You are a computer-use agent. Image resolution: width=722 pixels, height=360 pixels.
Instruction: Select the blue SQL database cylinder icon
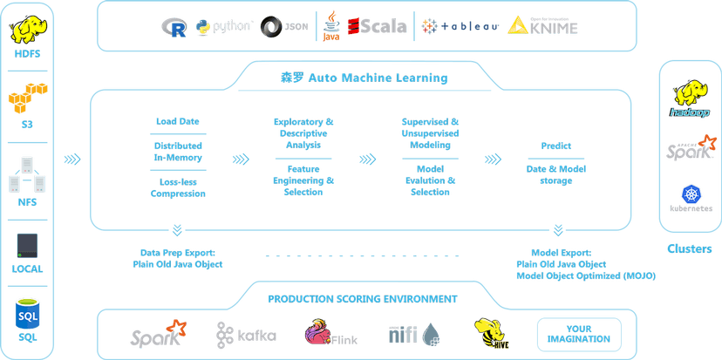click(28, 311)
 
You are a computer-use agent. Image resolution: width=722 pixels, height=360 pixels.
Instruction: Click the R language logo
click(174, 27)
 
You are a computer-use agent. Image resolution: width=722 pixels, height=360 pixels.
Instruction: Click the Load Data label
click(173, 122)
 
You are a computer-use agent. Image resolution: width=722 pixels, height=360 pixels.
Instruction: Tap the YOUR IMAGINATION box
click(580, 331)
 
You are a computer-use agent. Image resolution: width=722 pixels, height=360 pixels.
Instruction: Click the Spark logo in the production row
click(157, 333)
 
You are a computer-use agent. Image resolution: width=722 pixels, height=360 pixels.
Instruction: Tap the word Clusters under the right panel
click(689, 248)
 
